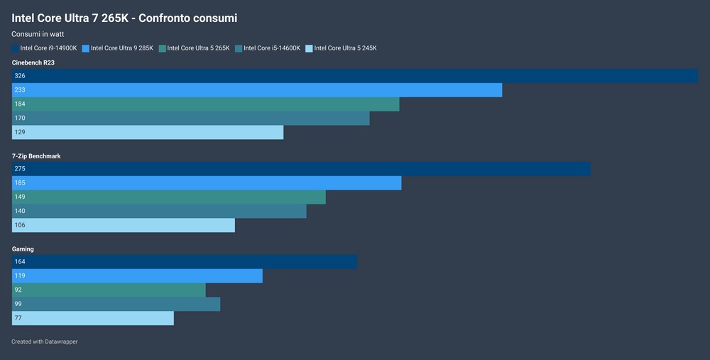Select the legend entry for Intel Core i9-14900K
48,48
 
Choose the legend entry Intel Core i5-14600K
272,48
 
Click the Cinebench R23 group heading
33,62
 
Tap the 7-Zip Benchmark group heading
37,156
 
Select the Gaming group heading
23,249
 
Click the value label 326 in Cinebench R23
20,76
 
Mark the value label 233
20,90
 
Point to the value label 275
20,169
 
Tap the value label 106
20,226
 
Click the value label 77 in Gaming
18,319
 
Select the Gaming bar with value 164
185,262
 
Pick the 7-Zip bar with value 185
207,183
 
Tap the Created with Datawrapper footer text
45,342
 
